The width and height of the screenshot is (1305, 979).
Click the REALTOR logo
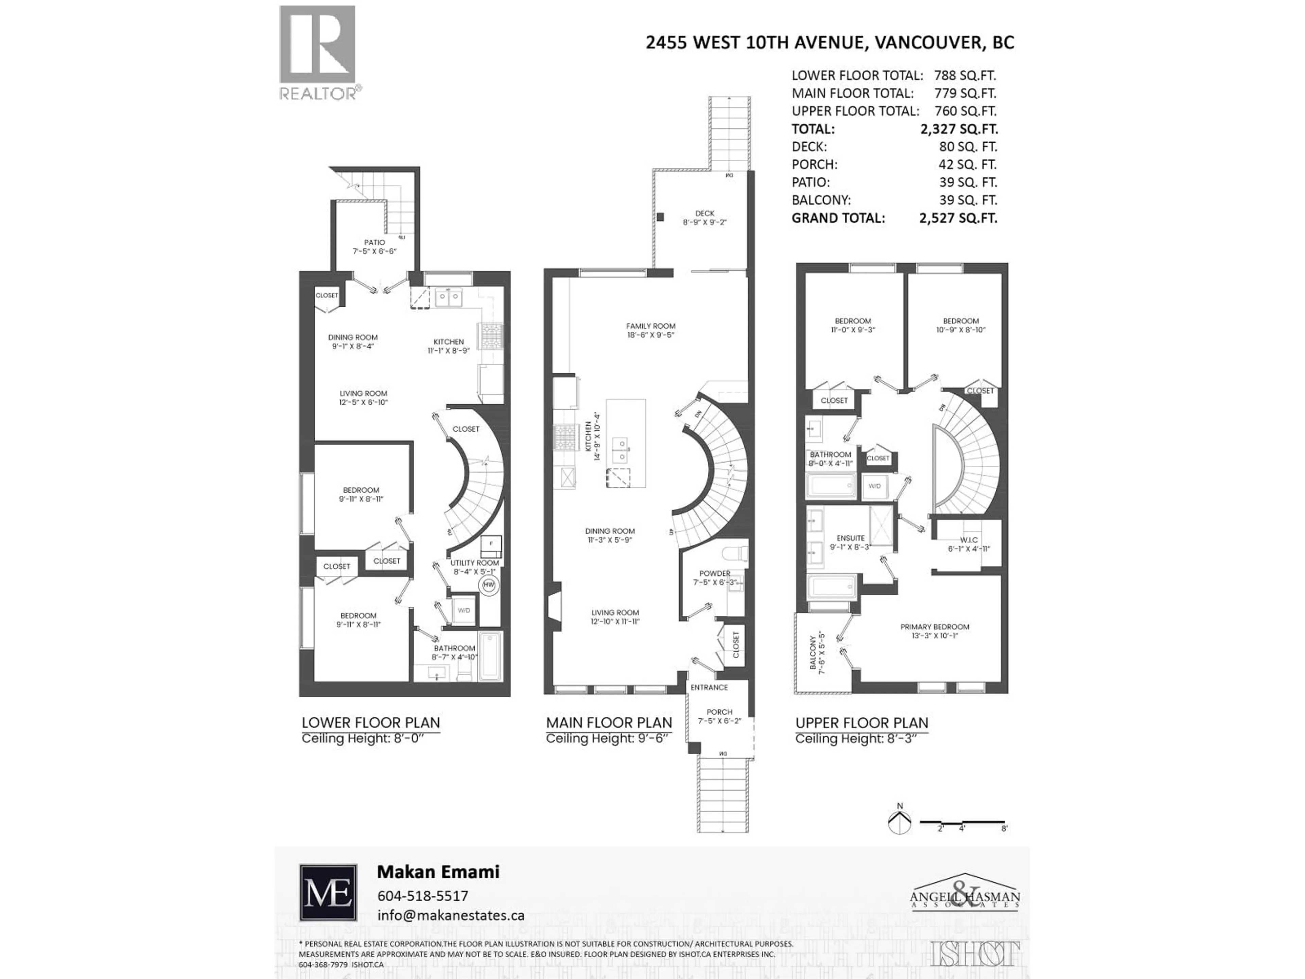tap(317, 52)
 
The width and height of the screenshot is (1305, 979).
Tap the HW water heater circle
tap(488, 585)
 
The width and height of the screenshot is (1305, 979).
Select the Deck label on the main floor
tap(704, 213)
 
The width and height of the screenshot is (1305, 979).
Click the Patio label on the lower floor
tap(375, 242)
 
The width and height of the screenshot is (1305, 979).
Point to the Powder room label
tap(714, 573)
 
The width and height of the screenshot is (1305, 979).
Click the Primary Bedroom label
tap(935, 627)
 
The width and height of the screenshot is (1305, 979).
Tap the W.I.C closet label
tap(969, 540)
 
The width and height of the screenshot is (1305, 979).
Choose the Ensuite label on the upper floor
tap(850, 538)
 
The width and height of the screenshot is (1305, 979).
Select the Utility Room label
tap(474, 563)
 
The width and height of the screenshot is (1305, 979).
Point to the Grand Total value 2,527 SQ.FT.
tap(958, 218)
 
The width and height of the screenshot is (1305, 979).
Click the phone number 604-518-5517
tap(422, 896)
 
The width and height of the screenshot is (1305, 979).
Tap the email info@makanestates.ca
tap(451, 915)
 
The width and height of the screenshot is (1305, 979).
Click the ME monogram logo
tap(328, 892)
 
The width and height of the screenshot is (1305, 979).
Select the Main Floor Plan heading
tap(609, 723)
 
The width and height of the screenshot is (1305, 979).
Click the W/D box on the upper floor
tap(874, 486)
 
